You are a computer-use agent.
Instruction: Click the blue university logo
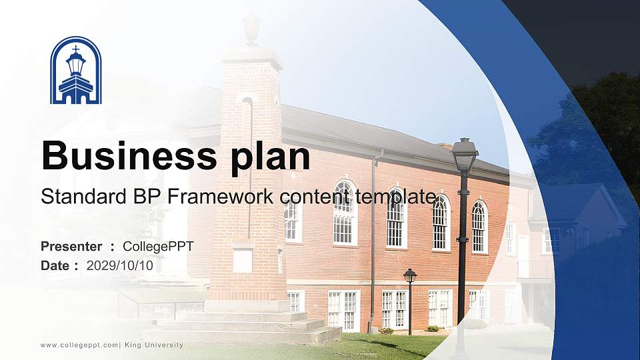76,71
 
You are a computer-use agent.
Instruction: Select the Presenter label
71,247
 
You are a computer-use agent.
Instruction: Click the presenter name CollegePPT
159,247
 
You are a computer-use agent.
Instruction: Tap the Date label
56,265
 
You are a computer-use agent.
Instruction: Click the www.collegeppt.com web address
79,345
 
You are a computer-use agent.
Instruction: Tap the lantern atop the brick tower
251,28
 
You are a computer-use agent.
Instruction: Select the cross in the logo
76,50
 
